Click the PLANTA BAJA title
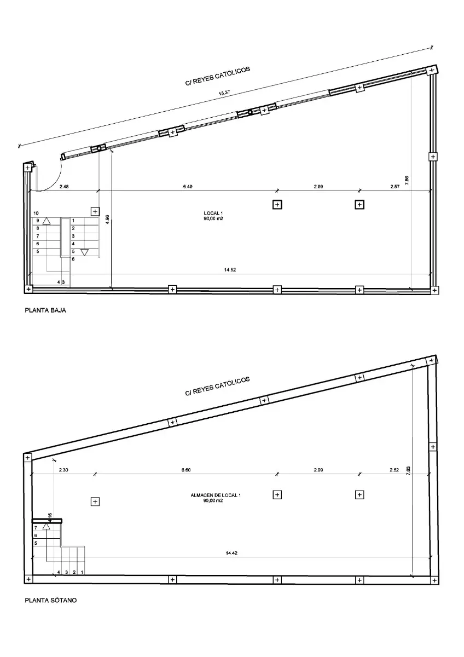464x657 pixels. coord(45,310)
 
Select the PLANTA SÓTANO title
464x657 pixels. coord(51,601)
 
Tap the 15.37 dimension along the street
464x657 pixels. coord(224,93)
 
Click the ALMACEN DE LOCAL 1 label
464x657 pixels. coord(216,495)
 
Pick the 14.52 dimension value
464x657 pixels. coord(230,270)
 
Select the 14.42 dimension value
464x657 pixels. coord(231,553)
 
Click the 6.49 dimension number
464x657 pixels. coord(188,187)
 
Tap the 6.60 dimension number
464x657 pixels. coord(186,470)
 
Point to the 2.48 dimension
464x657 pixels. coord(64,187)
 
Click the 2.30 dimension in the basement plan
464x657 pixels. coord(63,470)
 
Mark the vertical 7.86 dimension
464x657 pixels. coord(407,180)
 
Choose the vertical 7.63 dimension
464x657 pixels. coord(408,471)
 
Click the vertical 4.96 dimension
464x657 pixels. coord(107,220)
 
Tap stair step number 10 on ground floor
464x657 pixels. coord(36,213)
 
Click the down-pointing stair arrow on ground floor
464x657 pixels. coord(84,252)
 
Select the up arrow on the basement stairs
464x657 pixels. coord(47,527)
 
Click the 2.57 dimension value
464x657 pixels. coord(395,187)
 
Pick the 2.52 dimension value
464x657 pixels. coord(395,470)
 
